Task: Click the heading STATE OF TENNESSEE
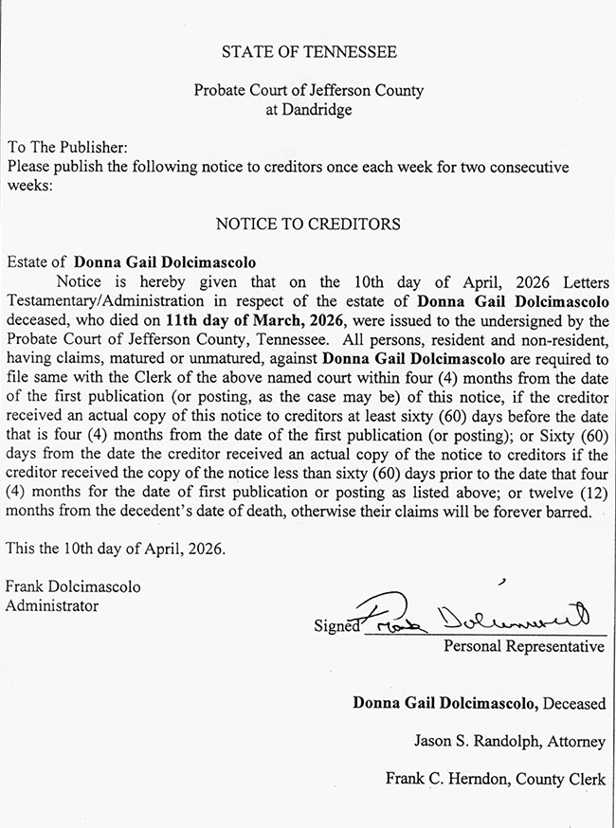308,52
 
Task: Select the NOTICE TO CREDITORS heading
308,225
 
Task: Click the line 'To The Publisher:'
66,149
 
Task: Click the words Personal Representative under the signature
524,647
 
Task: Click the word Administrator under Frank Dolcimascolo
52,604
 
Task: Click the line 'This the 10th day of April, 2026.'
117,549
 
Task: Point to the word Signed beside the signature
337,626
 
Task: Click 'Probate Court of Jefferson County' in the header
308,91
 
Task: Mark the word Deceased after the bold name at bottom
574,703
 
